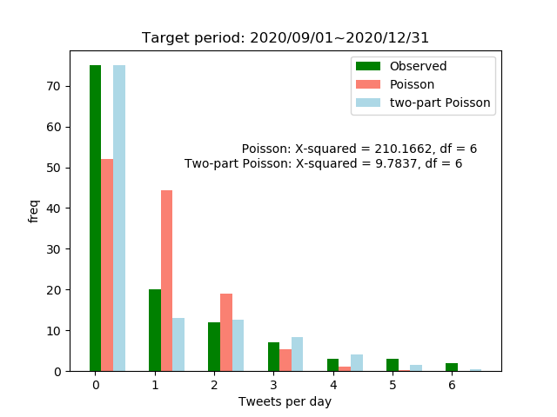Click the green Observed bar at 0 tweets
tap(95, 218)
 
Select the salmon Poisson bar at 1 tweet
tap(166, 281)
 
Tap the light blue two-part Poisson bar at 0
tap(119, 218)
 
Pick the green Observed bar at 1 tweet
tap(155, 330)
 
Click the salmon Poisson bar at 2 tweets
tap(226, 333)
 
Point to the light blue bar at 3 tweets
tap(298, 354)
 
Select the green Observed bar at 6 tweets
tap(452, 367)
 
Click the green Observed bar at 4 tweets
tap(332, 365)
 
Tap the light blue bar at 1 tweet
tap(178, 345)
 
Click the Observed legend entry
tap(401, 66)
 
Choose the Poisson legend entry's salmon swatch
tap(368, 84)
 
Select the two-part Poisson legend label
tap(440, 103)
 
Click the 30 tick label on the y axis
tap(54, 249)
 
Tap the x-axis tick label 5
tap(393, 385)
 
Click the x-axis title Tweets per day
tap(285, 401)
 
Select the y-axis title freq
tap(33, 211)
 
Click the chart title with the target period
tap(285, 37)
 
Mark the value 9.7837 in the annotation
tap(396, 163)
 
